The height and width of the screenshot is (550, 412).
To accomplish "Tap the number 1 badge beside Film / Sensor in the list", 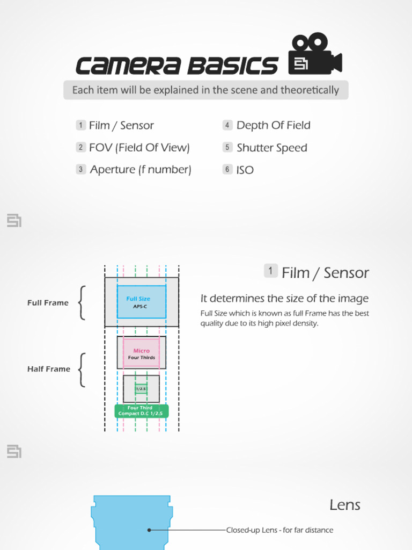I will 80,125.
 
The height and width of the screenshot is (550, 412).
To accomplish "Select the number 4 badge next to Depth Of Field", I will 227,125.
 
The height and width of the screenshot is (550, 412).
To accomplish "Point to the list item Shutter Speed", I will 271,148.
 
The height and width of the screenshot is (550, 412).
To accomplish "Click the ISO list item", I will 245,170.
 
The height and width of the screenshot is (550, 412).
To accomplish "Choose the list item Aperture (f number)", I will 141,170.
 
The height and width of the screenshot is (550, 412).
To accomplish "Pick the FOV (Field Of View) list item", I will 139,148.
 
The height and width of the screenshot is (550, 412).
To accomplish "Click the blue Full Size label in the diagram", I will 138,299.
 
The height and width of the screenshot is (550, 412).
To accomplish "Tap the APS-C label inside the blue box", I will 140,307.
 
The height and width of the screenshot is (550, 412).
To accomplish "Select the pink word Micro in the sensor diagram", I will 142,351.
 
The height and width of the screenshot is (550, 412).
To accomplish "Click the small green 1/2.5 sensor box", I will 141,389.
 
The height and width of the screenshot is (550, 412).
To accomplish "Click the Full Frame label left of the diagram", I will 48,303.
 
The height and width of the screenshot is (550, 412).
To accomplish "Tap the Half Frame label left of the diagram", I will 49,369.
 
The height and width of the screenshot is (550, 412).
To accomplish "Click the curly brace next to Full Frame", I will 82,303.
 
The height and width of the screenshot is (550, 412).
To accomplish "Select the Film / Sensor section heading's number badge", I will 271,271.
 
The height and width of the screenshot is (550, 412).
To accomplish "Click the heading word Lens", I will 345,505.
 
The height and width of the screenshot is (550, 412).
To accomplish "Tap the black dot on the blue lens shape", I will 149,530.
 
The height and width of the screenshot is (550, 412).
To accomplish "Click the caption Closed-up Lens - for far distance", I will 279,530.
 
